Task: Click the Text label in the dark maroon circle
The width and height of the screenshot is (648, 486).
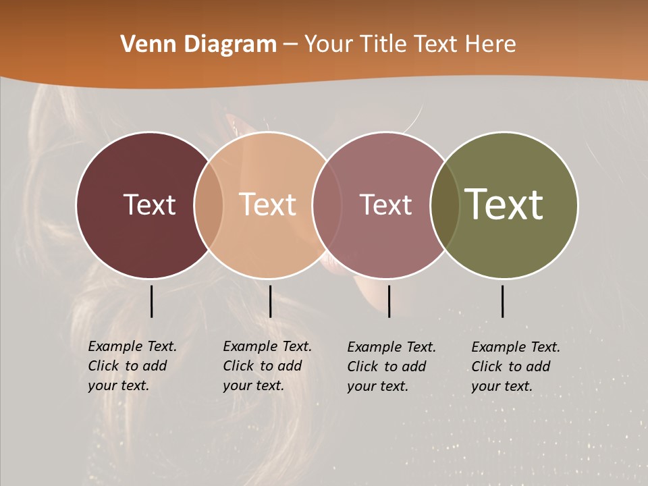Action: click(x=149, y=205)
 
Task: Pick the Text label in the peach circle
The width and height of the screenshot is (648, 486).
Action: click(x=267, y=205)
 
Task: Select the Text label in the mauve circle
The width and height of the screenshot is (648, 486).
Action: click(x=385, y=205)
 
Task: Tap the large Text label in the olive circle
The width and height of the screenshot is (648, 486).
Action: click(x=504, y=205)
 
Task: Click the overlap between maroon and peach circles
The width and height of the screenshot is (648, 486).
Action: click(x=209, y=205)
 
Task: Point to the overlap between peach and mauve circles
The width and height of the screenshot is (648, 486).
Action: click(x=327, y=205)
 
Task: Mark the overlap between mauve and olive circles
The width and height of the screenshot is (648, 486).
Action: click(x=444, y=205)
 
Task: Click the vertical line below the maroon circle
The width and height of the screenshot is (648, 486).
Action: click(x=151, y=301)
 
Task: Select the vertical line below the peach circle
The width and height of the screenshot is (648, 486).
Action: click(x=270, y=301)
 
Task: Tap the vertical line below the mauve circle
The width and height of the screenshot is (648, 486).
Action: click(x=389, y=301)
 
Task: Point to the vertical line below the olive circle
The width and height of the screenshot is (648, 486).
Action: click(x=502, y=301)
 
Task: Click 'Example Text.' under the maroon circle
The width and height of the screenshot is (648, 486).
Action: click(x=132, y=346)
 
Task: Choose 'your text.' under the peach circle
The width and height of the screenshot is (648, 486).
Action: click(x=253, y=385)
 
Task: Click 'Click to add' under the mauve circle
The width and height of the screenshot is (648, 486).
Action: click(x=387, y=367)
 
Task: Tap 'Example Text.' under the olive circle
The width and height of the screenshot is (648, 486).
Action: click(x=516, y=347)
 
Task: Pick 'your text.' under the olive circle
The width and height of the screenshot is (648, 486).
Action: click(x=502, y=386)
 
